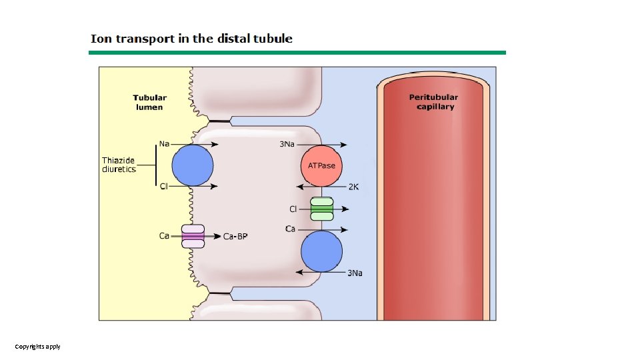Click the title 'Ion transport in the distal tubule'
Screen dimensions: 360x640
(x=191, y=39)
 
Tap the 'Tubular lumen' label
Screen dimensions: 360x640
(x=149, y=102)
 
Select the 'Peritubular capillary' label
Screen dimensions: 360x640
(x=433, y=102)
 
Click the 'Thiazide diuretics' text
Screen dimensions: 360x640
(x=119, y=165)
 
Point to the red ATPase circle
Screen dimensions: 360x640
(x=321, y=165)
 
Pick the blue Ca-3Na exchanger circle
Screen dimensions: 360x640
(x=321, y=251)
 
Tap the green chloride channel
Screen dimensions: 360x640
(x=322, y=209)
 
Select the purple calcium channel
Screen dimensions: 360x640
(x=193, y=236)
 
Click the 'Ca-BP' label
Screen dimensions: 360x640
(x=235, y=237)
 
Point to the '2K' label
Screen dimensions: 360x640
(x=353, y=187)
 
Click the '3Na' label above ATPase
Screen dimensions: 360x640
(x=287, y=144)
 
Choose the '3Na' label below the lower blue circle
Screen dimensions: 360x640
(x=355, y=273)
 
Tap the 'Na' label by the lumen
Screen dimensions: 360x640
(x=165, y=143)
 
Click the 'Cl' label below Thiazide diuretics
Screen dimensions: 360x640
(x=164, y=186)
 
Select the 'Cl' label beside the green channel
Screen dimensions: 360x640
(x=293, y=209)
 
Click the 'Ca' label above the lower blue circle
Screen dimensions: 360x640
(x=290, y=229)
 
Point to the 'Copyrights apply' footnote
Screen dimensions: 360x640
(x=38, y=347)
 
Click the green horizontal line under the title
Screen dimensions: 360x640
(x=297, y=53)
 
